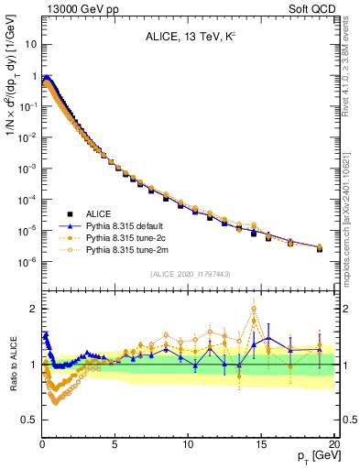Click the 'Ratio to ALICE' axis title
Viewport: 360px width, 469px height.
[x=12, y=363]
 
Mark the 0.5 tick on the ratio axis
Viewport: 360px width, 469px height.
[x=28, y=420]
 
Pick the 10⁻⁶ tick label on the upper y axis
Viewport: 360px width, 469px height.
[x=27, y=262]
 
